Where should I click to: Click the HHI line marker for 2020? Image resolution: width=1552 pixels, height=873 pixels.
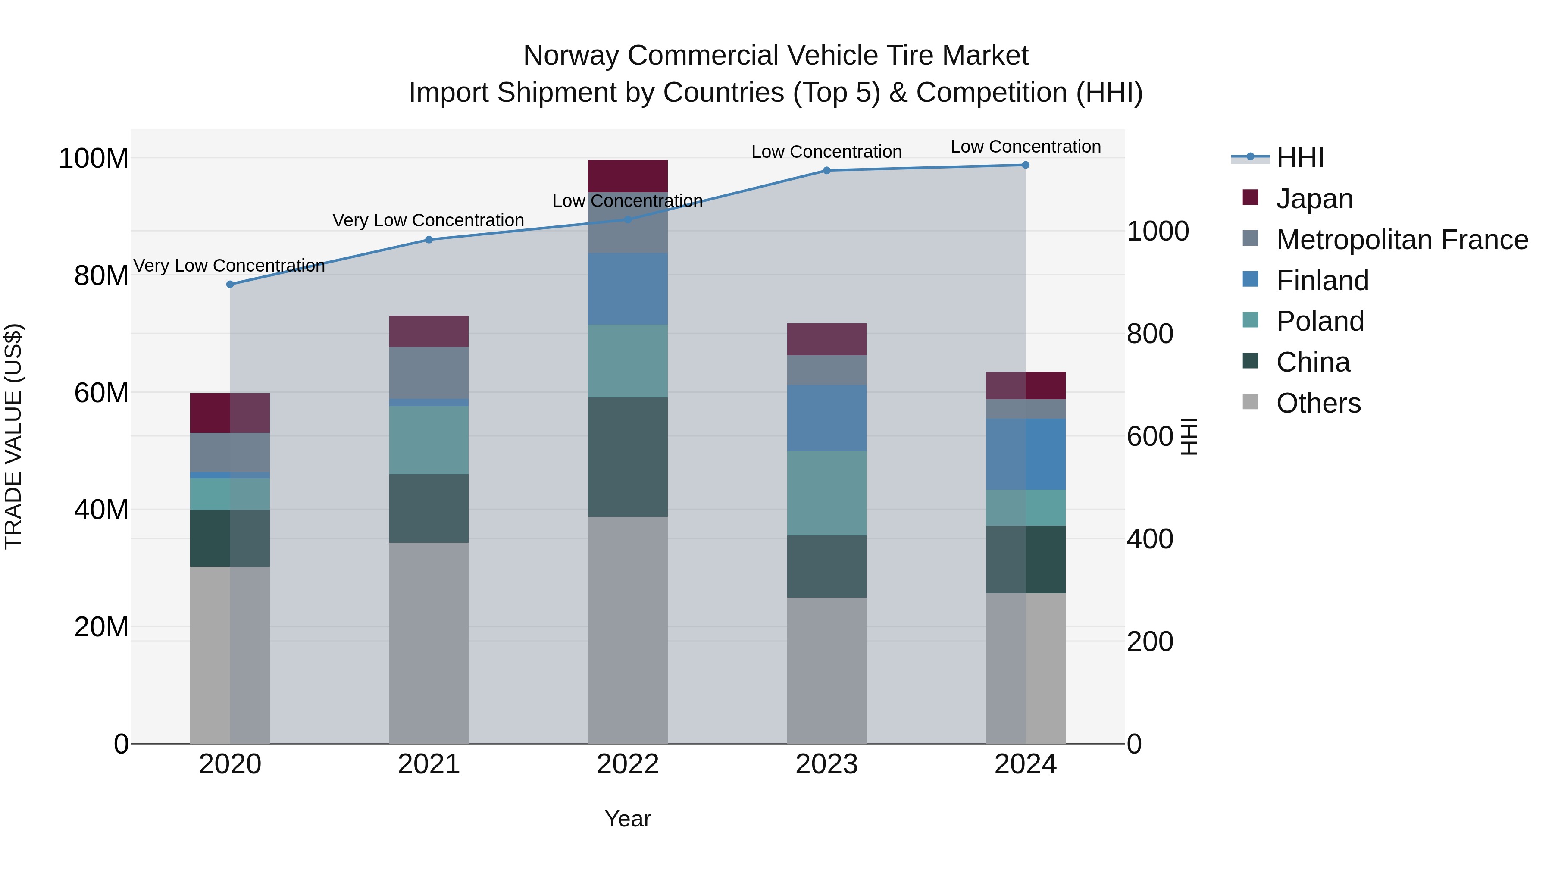pos(230,285)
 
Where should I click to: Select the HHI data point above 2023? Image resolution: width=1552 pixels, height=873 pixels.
pos(826,170)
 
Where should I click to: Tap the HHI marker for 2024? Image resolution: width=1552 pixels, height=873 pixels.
pos(1026,165)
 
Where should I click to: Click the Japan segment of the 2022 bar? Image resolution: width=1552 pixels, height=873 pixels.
pos(628,176)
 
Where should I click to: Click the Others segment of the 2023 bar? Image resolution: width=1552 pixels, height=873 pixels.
pos(826,670)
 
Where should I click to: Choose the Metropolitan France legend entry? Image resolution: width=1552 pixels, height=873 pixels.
pos(1402,240)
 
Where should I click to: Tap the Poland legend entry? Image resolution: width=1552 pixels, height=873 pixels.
pos(1320,321)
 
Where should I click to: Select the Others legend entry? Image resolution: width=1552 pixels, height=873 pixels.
pos(1318,403)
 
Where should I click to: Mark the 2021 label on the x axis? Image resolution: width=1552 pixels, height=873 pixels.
pos(429,764)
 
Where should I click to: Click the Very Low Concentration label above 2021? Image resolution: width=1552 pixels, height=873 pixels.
pos(429,220)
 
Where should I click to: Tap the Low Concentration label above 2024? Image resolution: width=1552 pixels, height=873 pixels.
pos(1026,147)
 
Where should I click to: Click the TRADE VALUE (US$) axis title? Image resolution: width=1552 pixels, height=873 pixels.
pos(13,436)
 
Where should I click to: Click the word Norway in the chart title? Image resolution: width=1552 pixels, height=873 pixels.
pos(570,56)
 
